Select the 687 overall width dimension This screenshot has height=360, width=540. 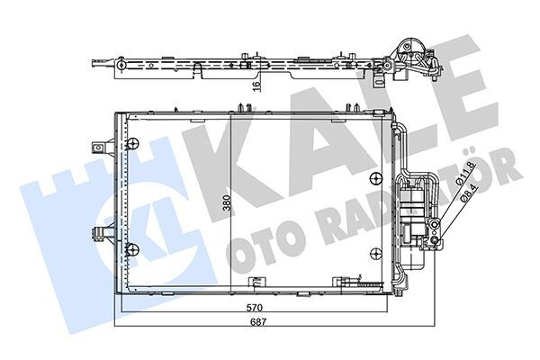(x=258, y=322)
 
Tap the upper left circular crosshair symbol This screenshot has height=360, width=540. (x=132, y=144)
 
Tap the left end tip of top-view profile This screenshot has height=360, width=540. (x=93, y=64)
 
